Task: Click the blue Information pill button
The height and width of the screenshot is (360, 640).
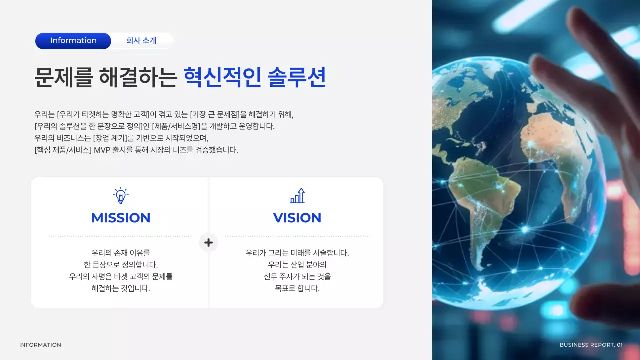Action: coord(73,41)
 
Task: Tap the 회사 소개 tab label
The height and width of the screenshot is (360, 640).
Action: coord(141,41)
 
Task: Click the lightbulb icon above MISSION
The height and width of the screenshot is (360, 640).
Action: coord(120,195)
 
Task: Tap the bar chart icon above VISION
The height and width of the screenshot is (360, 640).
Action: coord(297,195)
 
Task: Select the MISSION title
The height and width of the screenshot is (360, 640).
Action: coord(121,218)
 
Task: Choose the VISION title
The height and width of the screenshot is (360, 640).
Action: coord(297,218)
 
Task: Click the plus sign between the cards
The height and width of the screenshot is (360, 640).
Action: coord(208,243)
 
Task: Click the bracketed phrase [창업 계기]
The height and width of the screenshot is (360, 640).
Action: coord(110,138)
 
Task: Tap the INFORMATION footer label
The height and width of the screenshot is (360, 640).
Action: coord(40,345)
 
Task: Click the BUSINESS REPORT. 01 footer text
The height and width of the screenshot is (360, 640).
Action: coord(591,345)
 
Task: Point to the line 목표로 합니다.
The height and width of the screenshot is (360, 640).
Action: coord(297,289)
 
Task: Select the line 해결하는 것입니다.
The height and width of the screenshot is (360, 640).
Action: coord(121,289)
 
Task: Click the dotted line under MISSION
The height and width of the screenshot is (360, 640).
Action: coord(120,236)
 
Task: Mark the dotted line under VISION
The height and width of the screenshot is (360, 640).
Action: coord(297,236)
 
